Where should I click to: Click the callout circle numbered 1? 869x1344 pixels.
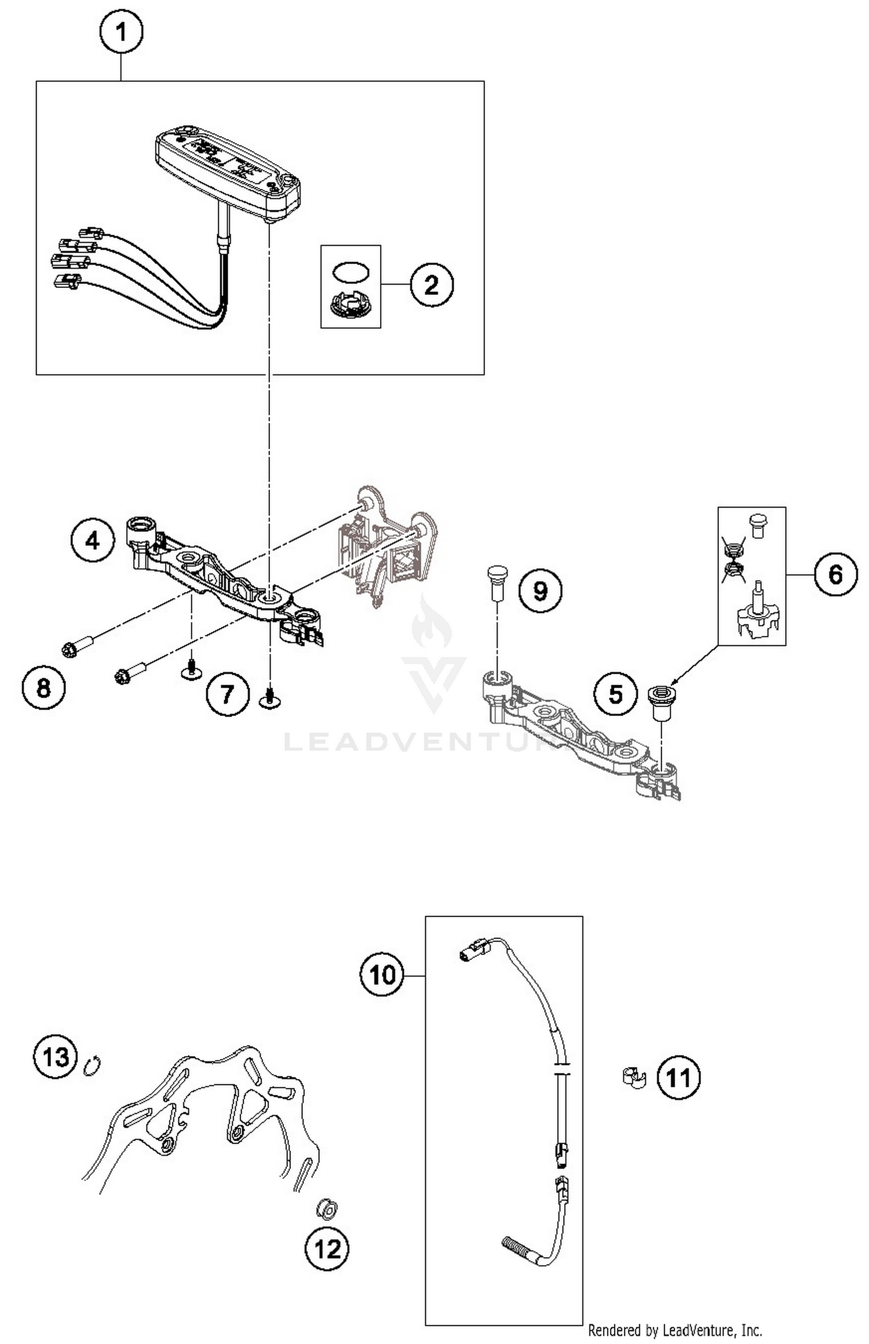pos(121,32)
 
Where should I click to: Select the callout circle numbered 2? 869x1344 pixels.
pos(432,285)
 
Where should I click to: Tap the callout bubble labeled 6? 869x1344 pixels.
pos(835,574)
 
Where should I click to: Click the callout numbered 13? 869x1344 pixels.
pos(56,1057)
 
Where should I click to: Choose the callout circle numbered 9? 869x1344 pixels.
pos(540,591)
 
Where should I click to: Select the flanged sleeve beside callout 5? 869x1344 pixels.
pos(659,700)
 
